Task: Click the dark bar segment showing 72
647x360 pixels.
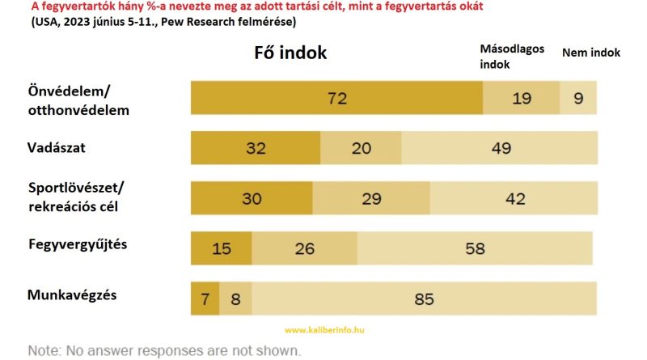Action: tap(336, 98)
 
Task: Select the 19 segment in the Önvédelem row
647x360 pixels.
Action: tap(522, 98)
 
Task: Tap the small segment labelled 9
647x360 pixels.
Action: tap(578, 98)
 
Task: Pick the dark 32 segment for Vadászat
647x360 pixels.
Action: tap(256, 148)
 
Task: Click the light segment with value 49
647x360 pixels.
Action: tap(499, 148)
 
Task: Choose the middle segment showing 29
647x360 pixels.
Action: tap(371, 198)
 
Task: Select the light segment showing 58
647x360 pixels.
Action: tap(475, 248)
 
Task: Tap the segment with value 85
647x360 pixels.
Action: tap(424, 299)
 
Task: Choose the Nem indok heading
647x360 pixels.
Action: tap(590, 52)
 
